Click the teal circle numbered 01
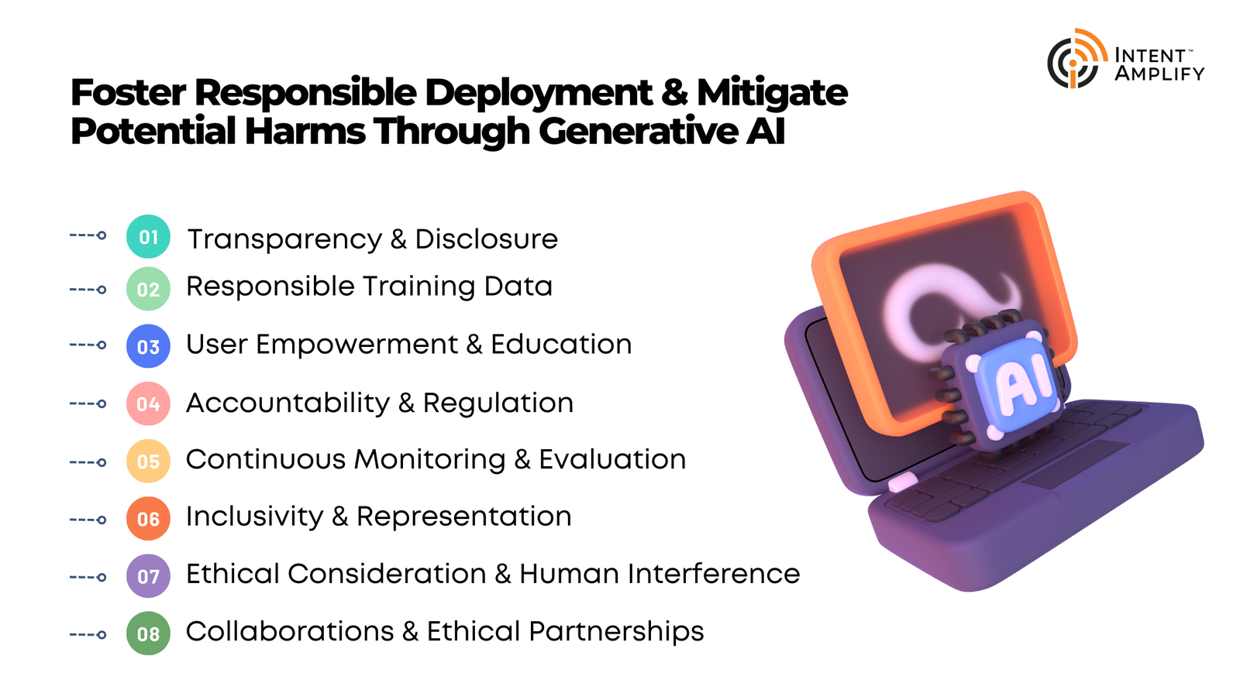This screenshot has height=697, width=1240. point(148,237)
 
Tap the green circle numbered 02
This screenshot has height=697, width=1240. point(148,289)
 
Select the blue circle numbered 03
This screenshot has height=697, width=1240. point(148,346)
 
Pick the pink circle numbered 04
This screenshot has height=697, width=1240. point(148,403)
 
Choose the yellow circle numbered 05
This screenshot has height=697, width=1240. point(148,462)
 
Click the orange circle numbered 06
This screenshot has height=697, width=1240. point(148,519)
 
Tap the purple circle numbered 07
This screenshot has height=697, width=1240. point(148,576)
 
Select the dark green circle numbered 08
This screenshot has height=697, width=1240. point(148,634)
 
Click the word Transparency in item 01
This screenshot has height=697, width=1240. point(284,240)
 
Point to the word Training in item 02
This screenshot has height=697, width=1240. point(419,287)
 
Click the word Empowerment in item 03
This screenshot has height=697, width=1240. point(356,345)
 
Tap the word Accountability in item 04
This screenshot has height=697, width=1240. point(288,403)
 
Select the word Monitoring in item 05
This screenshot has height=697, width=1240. point(429,460)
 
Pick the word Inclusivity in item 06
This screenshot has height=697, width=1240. point(255,517)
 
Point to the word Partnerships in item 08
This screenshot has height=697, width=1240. point(616,632)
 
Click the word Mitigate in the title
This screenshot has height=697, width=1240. point(772,94)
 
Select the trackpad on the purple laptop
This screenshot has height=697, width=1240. point(1074,464)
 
